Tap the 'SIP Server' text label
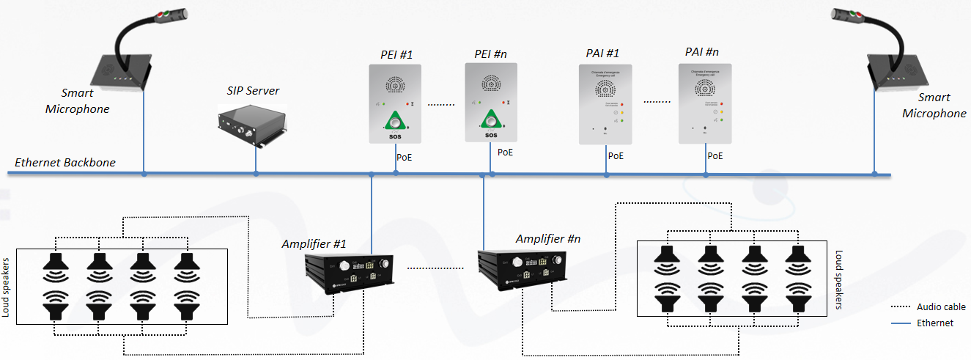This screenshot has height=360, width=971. pos(253,92)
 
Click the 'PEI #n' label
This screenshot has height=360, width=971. pos(491,54)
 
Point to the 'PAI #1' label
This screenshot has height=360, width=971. pos(602,54)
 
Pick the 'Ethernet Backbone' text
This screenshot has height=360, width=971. pos(65,162)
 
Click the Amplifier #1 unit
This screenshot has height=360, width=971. pos(350,275)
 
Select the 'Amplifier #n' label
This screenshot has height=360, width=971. pos(548,239)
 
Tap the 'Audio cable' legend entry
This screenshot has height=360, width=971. pos(941,307)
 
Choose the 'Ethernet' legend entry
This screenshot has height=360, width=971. pos(935,323)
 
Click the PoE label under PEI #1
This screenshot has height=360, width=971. pos(405,157)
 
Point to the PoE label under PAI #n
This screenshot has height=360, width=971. pos(715,155)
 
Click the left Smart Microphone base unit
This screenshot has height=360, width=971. pos(121,73)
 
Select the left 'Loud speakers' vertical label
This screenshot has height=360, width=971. pos(7,287)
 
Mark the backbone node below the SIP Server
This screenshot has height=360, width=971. pos(256,175)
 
